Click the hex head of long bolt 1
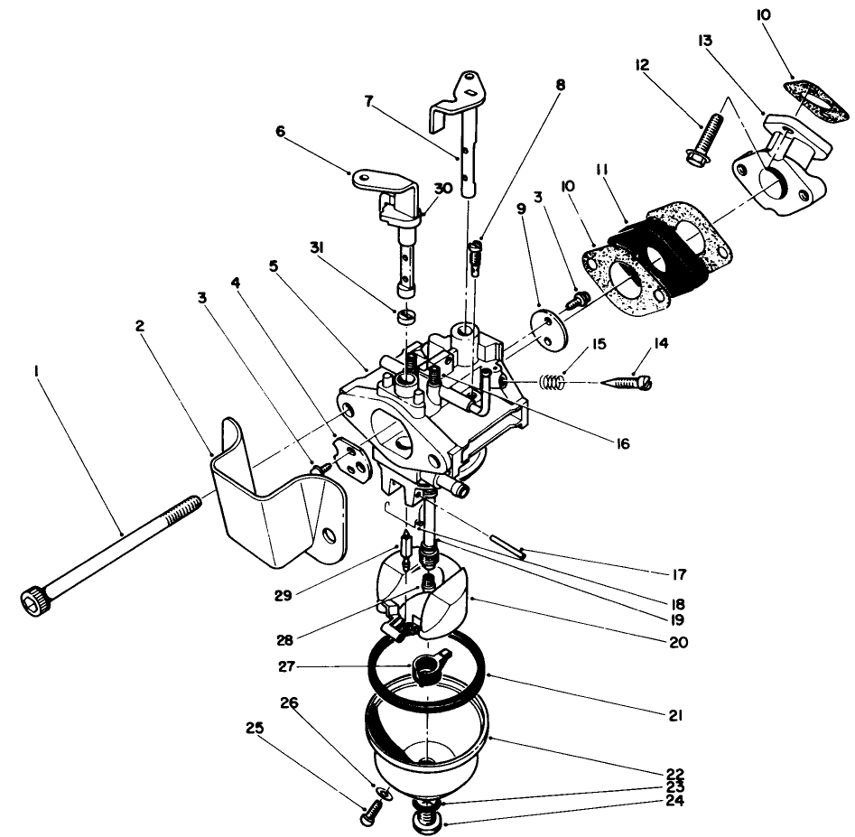coord(33,598)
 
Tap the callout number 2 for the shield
coord(140,326)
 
